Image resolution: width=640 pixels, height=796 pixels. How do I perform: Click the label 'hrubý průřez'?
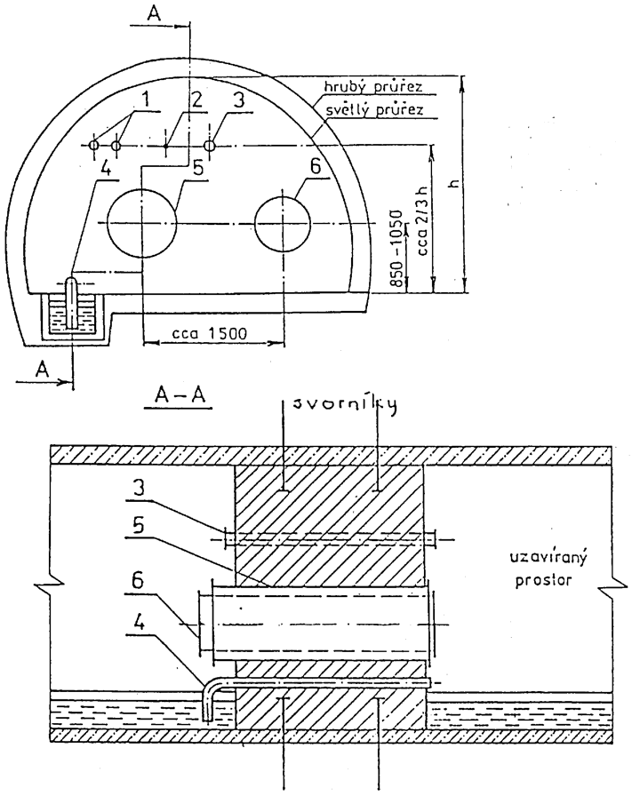(373, 87)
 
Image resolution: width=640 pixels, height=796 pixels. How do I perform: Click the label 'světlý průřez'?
(374, 109)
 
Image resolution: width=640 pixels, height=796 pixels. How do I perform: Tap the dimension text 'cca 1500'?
(209, 334)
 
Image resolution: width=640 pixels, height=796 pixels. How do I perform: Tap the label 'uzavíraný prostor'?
(548, 569)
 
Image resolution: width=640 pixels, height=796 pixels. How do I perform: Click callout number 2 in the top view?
(196, 100)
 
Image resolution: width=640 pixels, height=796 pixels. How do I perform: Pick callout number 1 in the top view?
(146, 100)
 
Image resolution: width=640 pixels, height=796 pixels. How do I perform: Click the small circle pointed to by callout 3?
(209, 145)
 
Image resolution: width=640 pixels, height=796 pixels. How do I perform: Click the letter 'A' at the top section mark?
(154, 13)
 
